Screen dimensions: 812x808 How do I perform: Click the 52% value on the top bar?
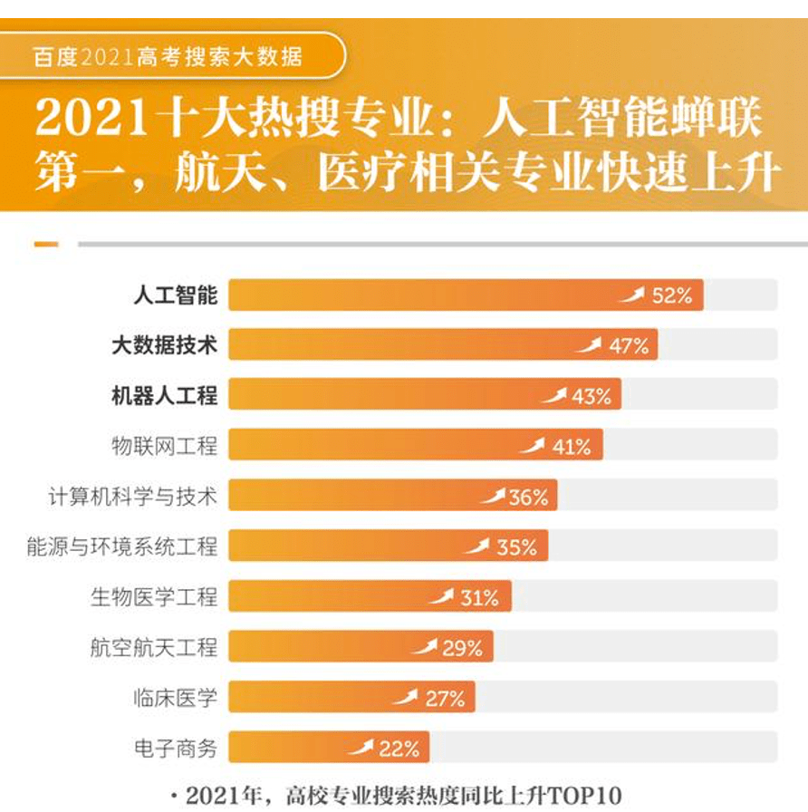pyautogui.click(x=672, y=295)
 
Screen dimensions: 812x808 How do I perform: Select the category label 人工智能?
pyautogui.click(x=176, y=295)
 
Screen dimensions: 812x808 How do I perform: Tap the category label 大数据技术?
pyautogui.click(x=165, y=345)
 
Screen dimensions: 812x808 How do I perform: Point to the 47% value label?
pyautogui.click(x=629, y=345)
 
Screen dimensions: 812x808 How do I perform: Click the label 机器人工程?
pyautogui.click(x=165, y=395)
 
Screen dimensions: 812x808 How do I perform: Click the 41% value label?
pyautogui.click(x=571, y=446)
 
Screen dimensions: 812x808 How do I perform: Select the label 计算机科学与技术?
pyautogui.click(x=133, y=496)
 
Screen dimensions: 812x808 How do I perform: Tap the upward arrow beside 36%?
pyautogui.click(x=493, y=496)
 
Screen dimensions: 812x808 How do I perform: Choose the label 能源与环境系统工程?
pyautogui.click(x=122, y=546)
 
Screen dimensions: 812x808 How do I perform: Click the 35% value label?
pyautogui.click(x=516, y=546)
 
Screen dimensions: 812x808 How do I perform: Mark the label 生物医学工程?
pyautogui.click(x=154, y=596)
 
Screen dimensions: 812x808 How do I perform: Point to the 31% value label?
pyautogui.click(x=479, y=597)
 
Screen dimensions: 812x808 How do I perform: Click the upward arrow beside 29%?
pyautogui.click(x=424, y=647)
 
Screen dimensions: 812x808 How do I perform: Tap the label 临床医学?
pyautogui.click(x=176, y=698)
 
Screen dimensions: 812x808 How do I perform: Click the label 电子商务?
pyautogui.click(x=176, y=749)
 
